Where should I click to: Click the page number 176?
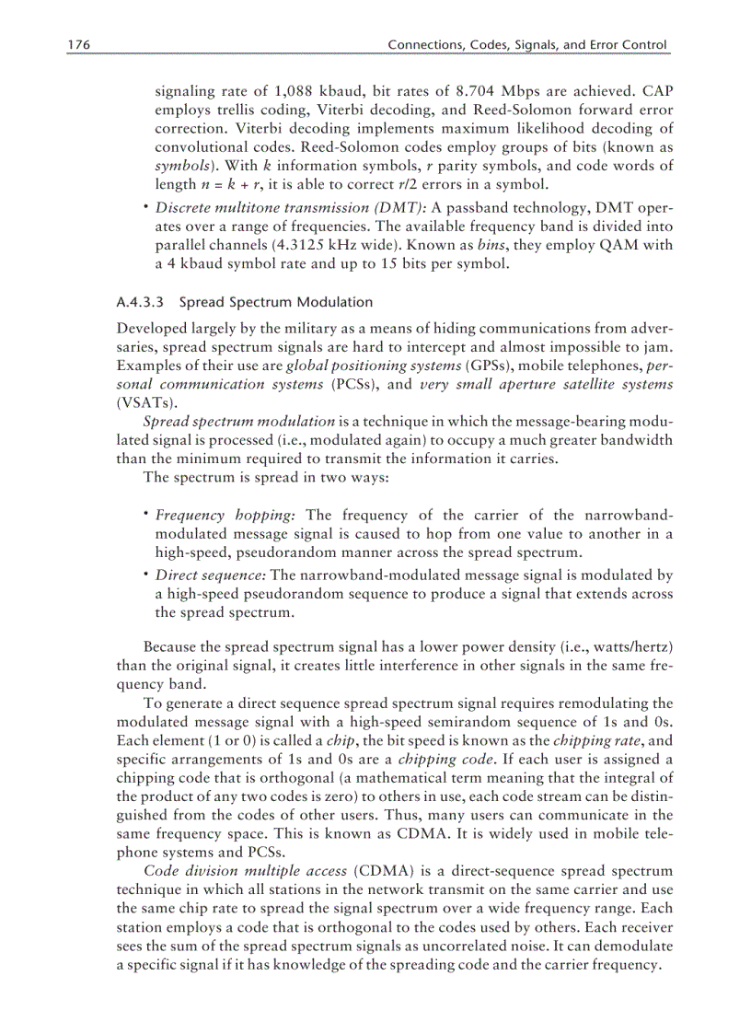pos(78,45)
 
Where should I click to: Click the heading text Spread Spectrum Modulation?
pos(276,302)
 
